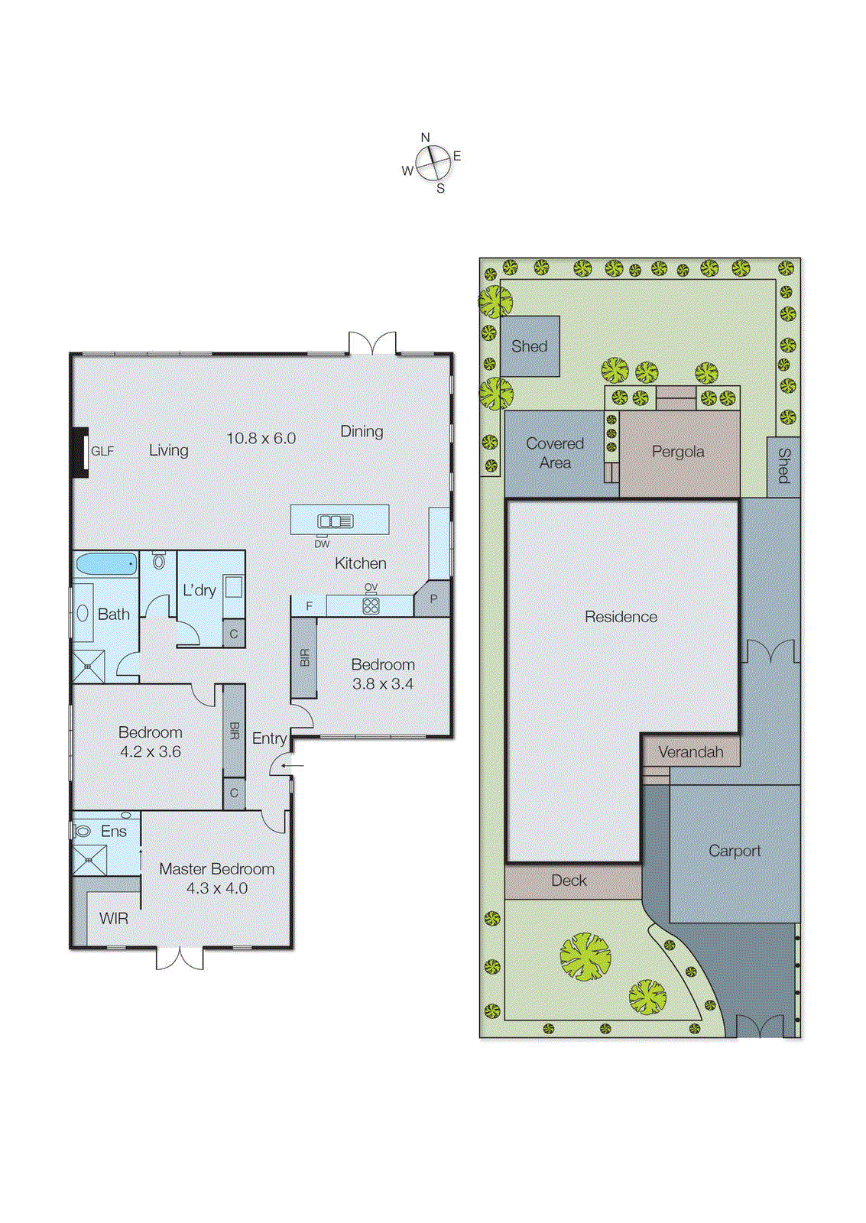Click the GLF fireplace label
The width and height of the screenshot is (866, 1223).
tap(102, 451)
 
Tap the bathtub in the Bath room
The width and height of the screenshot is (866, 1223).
tap(105, 564)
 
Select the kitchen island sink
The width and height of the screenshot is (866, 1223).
tap(336, 521)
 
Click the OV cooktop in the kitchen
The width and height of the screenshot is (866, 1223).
tap(371, 605)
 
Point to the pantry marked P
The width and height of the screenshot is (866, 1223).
tap(433, 599)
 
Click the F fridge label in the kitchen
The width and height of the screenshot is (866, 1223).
tap(310, 606)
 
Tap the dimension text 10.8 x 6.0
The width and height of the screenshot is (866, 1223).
tap(261, 438)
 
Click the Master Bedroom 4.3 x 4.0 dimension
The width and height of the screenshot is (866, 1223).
tap(217, 888)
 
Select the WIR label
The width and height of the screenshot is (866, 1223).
tap(113, 918)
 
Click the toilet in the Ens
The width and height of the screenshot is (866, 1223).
tap(83, 831)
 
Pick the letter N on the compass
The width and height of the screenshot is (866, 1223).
tap(426, 138)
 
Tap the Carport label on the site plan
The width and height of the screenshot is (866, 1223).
tap(734, 851)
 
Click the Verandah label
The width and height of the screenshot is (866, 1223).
tap(690, 752)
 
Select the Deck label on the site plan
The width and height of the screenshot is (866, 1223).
tap(569, 881)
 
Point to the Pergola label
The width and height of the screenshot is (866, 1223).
tap(678, 452)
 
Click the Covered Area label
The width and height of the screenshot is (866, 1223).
tap(555, 453)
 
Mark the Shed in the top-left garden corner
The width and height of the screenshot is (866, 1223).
tap(529, 346)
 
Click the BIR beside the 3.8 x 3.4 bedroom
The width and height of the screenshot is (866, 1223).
tap(304, 657)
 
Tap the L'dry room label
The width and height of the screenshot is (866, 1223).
tap(199, 590)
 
